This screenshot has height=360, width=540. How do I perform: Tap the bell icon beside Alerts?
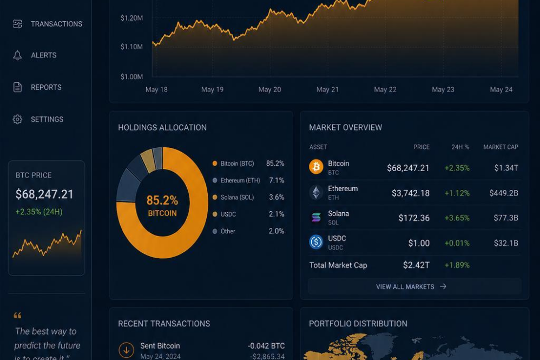pyautogui.click(x=17, y=55)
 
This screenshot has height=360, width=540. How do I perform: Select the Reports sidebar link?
pyautogui.click(x=46, y=87)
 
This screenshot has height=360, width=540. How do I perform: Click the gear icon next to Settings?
pyautogui.click(x=17, y=119)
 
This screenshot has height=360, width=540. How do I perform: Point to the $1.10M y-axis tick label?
pyautogui.click(x=131, y=47)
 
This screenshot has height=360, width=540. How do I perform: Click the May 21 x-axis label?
pyautogui.click(x=327, y=89)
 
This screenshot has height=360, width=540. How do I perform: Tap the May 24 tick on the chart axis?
pyautogui.click(x=501, y=89)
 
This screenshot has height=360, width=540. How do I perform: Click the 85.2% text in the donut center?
pyautogui.click(x=162, y=200)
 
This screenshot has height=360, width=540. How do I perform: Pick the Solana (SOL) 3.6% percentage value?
pyautogui.click(x=276, y=197)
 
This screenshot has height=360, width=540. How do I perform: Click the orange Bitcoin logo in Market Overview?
pyautogui.click(x=316, y=167)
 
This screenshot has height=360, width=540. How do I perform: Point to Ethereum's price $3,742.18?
pyautogui.click(x=411, y=193)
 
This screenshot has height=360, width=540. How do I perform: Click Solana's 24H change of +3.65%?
pyautogui.click(x=457, y=218)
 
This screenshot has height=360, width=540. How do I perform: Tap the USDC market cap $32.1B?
pyautogui.click(x=506, y=243)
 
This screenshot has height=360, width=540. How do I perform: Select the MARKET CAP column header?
pyautogui.click(x=501, y=147)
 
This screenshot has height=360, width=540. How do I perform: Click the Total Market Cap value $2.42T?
pyautogui.click(x=417, y=265)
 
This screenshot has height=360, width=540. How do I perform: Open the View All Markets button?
pyautogui.click(x=414, y=286)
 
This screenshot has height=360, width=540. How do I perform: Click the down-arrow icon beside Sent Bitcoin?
pyautogui.click(x=127, y=350)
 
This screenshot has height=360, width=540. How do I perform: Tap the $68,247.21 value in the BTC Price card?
pyautogui.click(x=44, y=194)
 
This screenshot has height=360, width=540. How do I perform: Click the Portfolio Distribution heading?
pyautogui.click(x=358, y=324)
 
